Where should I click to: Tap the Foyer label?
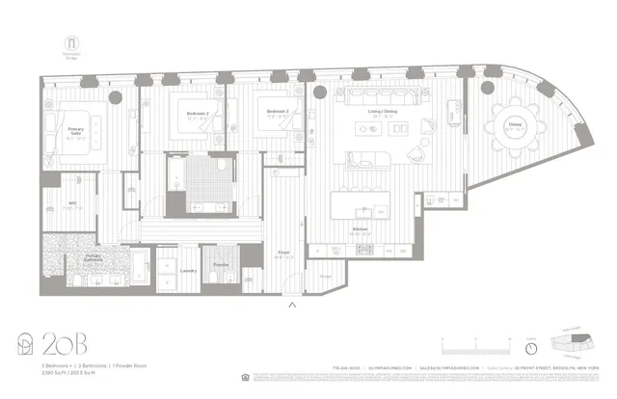[284, 253]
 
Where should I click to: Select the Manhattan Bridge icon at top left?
[70, 44]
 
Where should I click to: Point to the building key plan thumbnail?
[570, 344]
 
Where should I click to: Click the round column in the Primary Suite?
[115, 97]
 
